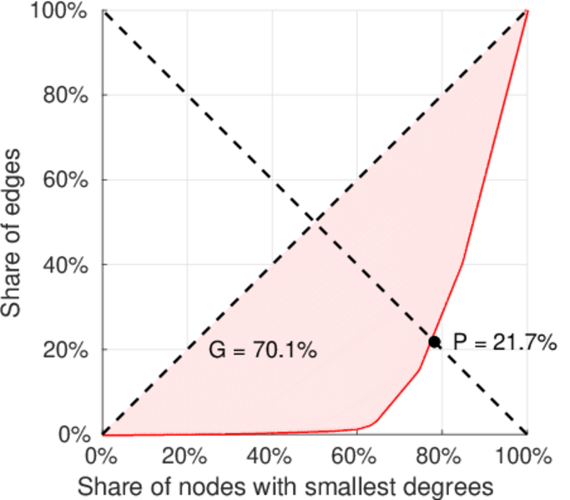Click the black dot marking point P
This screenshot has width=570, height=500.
[435, 342]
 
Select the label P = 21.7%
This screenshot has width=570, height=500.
[504, 342]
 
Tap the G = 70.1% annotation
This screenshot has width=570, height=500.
[262, 351]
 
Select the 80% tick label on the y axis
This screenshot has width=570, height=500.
[69, 95]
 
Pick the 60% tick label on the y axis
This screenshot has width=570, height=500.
[69, 180]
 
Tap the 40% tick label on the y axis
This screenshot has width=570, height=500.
[69, 265]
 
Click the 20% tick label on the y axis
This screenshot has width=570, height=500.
[69, 350]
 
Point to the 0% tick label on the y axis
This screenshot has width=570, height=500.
[75, 435]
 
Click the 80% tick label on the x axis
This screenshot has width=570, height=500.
[441, 457]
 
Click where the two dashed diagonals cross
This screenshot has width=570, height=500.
[314, 222]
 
